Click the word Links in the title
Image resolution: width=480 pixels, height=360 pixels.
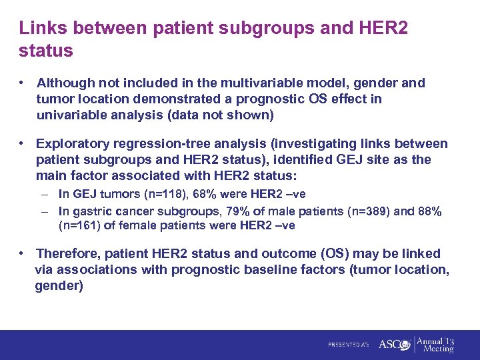pos(41,28)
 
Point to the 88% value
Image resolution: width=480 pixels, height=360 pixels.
pos(431,211)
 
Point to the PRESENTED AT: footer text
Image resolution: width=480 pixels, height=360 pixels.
pos(348,345)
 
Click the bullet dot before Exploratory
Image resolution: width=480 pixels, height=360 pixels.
pos(23,144)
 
